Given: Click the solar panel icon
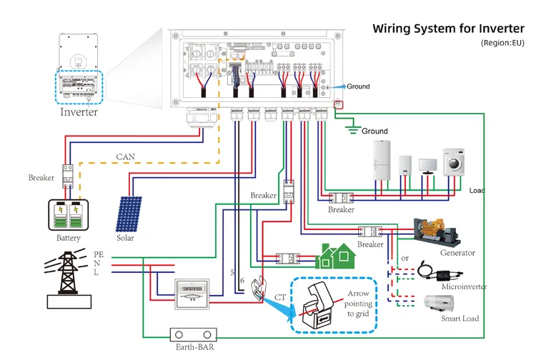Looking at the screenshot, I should click(129, 214).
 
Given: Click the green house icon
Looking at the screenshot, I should click(334, 254).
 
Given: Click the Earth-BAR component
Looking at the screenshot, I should click(192, 335).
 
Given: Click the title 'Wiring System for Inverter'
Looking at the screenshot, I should click(448, 29).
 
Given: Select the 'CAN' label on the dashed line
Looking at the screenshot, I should click(126, 156).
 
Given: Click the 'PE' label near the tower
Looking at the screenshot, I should click(99, 254).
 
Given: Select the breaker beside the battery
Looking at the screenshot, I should click(69, 173).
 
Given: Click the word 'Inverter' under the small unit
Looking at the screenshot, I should click(79, 112).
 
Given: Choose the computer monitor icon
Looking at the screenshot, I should click(429, 167).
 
